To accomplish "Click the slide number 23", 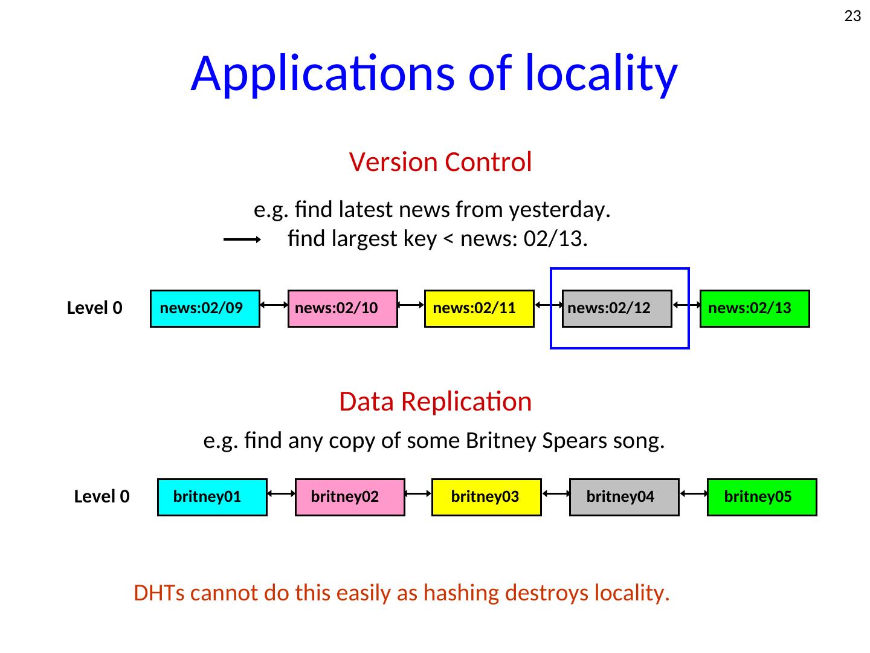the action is (x=852, y=16).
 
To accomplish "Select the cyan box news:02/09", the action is (x=205, y=308).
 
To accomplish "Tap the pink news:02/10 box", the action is (x=343, y=308).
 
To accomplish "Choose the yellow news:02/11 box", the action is (x=479, y=308).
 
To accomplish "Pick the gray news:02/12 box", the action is (x=617, y=308).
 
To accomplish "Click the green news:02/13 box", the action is (x=755, y=308).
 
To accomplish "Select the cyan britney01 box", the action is (x=212, y=497).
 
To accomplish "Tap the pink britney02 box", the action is (x=350, y=497).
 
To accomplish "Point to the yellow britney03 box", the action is (x=486, y=497).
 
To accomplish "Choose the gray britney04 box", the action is (x=624, y=497).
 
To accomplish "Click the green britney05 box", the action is (x=762, y=497).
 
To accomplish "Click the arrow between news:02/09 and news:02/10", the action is (x=274, y=305).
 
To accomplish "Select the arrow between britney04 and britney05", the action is (x=694, y=493).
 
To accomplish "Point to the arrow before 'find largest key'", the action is (x=242, y=239).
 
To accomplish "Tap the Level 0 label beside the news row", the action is (x=94, y=308).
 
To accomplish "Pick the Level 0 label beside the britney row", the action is (x=102, y=496).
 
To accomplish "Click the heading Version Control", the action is (x=440, y=162).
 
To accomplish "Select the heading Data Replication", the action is (x=435, y=401).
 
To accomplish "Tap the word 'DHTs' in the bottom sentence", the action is (x=159, y=593).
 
